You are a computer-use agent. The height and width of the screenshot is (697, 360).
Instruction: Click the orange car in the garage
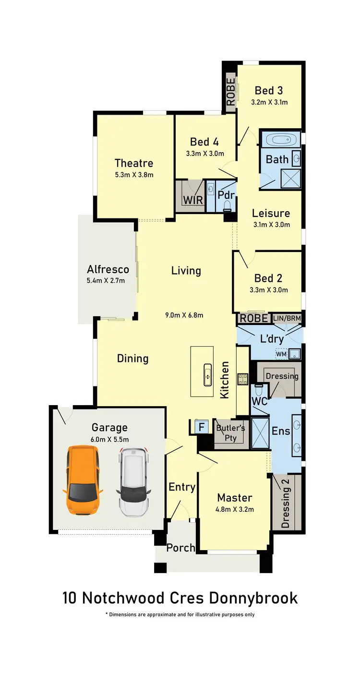(x=83, y=480)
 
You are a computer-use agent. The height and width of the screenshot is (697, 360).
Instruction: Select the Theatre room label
(x=133, y=163)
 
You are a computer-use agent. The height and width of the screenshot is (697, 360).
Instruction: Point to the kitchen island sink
(x=208, y=374)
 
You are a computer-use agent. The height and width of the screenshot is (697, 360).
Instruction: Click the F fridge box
(x=201, y=426)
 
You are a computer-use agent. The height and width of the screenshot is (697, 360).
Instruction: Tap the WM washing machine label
(x=281, y=354)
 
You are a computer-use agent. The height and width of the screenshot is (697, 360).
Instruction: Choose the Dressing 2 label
(x=287, y=502)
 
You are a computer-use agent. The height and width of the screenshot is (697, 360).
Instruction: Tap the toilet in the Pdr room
(x=228, y=206)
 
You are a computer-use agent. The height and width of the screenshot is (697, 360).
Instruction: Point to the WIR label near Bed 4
(x=193, y=200)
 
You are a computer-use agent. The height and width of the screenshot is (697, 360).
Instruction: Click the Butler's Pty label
(x=231, y=433)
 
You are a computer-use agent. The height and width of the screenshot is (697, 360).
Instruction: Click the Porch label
(x=180, y=548)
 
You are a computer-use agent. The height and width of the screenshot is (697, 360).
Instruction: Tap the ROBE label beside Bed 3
(x=231, y=92)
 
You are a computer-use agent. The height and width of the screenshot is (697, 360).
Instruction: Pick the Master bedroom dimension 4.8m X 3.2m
(x=235, y=509)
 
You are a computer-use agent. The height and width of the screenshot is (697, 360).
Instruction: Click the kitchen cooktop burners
(x=243, y=379)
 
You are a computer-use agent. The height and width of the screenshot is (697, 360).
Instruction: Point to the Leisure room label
(x=271, y=213)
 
